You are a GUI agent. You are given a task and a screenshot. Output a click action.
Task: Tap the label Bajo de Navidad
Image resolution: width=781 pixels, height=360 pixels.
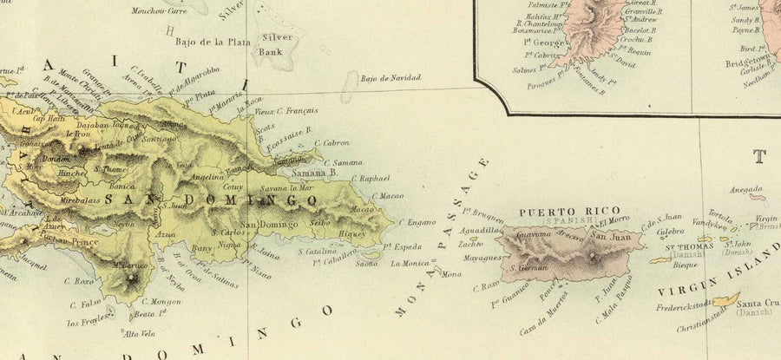(x=390, y=78)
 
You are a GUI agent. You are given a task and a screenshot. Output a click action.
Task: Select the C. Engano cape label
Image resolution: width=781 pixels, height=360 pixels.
(x=417, y=222)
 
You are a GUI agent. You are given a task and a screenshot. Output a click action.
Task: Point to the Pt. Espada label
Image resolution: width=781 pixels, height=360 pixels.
(x=403, y=246)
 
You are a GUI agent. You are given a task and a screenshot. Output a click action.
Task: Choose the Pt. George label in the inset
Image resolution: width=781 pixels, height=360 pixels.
(x=531, y=40)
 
